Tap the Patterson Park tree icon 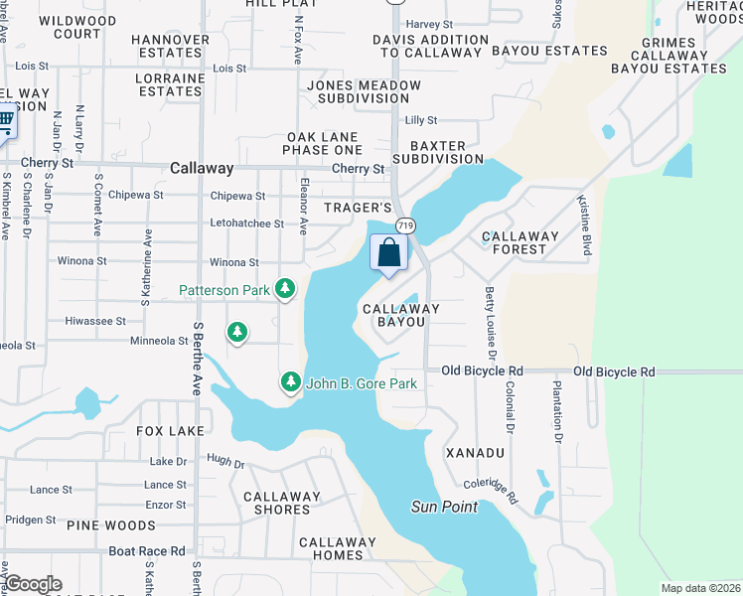tap(286, 289)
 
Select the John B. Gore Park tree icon tap(290, 380)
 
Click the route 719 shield tap(402, 226)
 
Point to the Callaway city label tap(202, 169)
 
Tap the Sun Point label tap(444, 507)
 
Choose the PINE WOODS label tap(110, 524)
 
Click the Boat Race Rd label tap(147, 550)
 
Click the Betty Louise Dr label tap(490, 322)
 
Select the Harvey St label tap(429, 24)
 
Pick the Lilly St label tap(421, 119)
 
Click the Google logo tap(33, 584)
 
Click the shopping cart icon tap(6, 123)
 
